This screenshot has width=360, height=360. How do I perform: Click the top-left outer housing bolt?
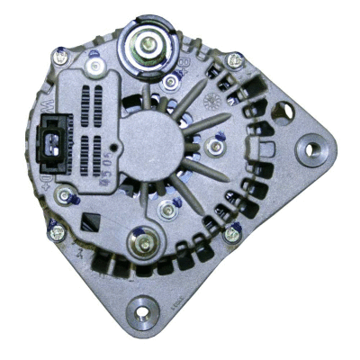(x=60, y=58)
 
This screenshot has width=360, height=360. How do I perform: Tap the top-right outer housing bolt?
(x=234, y=61)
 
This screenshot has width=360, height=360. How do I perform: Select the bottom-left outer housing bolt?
(x=57, y=231)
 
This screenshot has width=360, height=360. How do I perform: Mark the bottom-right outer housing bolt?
(x=232, y=234)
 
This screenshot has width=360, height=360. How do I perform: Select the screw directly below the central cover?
(x=166, y=211)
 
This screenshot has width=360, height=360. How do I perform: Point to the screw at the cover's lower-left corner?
(x=63, y=194)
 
